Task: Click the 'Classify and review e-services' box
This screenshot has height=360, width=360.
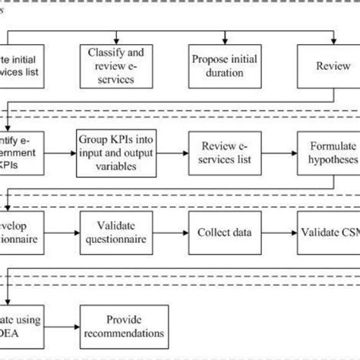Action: (x=115, y=67)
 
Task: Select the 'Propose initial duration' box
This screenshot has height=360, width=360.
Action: (x=225, y=67)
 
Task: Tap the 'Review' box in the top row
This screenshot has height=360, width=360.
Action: (x=327, y=66)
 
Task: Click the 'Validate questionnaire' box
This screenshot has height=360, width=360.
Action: (x=115, y=230)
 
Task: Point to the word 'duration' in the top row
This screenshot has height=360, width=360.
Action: (x=225, y=74)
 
